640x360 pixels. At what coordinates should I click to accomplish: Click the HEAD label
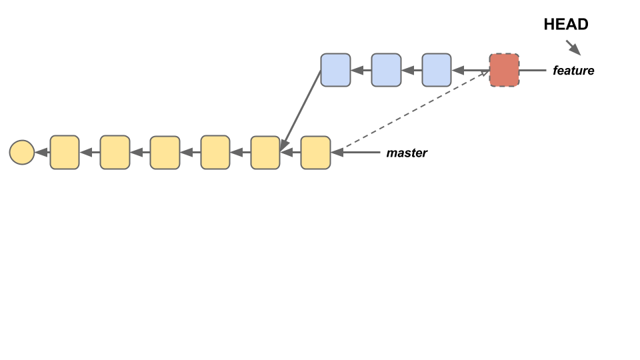[566, 25]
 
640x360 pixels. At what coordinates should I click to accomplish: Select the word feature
[573, 70]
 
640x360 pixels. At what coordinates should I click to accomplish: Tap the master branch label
[407, 153]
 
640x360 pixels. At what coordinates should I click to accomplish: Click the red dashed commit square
[504, 70]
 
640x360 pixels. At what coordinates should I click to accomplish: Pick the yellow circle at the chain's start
[22, 153]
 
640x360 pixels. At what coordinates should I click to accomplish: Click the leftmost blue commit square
[335, 70]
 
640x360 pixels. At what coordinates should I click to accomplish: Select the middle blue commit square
[386, 70]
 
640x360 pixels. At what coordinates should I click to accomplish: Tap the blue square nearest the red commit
[437, 70]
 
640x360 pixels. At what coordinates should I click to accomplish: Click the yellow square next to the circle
[65, 153]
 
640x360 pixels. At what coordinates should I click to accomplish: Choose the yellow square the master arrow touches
[315, 153]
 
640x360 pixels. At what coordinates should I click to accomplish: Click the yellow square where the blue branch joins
[265, 153]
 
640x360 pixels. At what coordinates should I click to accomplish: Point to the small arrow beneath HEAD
[573, 47]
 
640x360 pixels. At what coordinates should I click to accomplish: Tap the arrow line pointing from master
[357, 153]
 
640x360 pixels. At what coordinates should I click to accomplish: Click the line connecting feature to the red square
[533, 70]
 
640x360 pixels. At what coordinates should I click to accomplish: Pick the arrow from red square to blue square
[471, 70]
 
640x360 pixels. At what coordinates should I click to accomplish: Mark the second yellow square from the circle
[115, 153]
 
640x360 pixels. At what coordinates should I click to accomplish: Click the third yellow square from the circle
[165, 153]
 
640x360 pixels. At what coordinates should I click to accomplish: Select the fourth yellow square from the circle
[215, 153]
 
